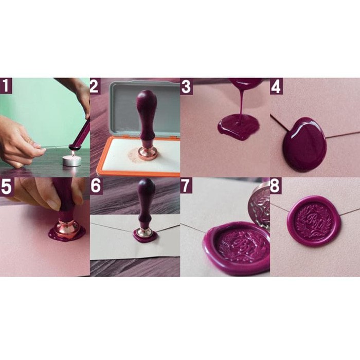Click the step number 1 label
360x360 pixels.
(6, 86)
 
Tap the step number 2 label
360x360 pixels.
(95, 86)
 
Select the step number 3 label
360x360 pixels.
(186, 86)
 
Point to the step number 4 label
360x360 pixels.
(276, 86)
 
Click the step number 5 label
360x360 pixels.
(6, 186)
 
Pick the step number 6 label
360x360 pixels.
(95, 186)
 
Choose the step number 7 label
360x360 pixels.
(186, 186)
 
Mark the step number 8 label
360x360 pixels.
(276, 186)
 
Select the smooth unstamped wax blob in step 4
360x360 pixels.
(304, 144)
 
